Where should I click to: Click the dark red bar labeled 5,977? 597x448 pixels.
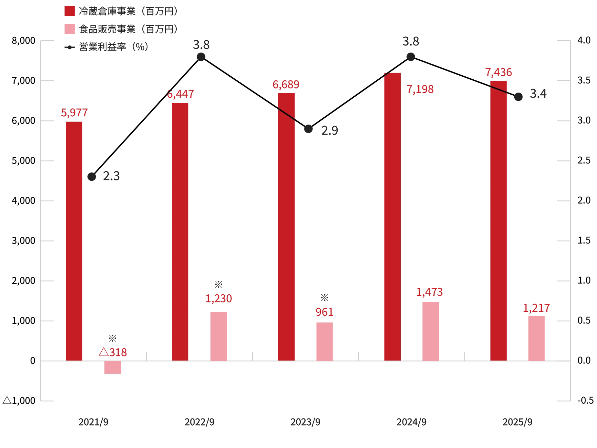coord(74,240)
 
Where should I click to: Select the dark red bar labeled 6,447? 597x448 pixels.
coord(180,231)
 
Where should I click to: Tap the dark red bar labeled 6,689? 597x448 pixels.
coord(286,226)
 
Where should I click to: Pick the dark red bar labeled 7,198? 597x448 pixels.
coord(392,216)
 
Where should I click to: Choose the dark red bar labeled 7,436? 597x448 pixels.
coord(498,220)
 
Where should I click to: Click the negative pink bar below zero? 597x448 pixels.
coord(113,368)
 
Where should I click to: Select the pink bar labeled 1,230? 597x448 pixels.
coord(218,335)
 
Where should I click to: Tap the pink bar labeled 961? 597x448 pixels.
coord(324,340)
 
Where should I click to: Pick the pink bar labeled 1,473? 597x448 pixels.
coord(430,331)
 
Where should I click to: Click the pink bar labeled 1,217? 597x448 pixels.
coord(536,338)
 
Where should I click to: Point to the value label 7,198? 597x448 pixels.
coord(420,90)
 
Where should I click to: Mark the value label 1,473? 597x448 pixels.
coord(430,292)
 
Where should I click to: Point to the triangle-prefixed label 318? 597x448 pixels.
coord(113,352)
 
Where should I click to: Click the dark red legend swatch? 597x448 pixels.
coord(69,11)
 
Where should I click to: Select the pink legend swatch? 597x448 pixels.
coord(69,29)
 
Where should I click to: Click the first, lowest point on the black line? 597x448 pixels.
coord(92,176)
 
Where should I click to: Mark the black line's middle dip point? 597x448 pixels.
coord(309,129)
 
